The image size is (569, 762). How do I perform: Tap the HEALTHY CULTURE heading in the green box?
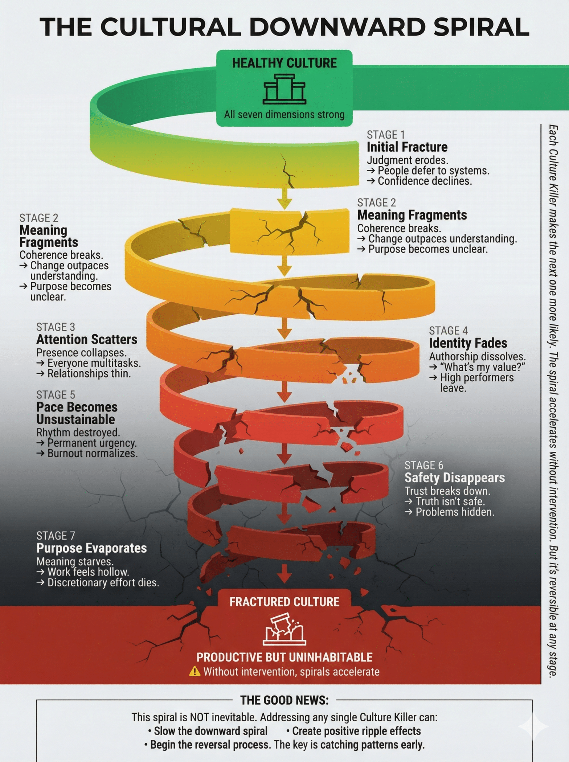(284, 63)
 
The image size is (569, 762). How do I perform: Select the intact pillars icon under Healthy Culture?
(284, 89)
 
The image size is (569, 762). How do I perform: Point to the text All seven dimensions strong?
(284, 115)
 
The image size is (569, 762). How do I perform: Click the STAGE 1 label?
(385, 135)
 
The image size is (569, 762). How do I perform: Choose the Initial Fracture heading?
(407, 147)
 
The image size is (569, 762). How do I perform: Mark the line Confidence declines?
(425, 181)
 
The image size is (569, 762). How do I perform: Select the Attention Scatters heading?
(87, 339)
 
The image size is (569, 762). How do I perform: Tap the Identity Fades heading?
(468, 343)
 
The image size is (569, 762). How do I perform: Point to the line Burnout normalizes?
(92, 454)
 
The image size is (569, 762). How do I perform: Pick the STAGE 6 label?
(423, 465)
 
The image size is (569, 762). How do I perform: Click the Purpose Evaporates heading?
(91, 548)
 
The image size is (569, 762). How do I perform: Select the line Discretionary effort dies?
(103, 583)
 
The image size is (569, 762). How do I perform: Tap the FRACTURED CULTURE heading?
(284, 602)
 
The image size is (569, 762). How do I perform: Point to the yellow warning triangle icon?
(195, 672)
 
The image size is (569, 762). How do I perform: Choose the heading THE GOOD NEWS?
(284, 700)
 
